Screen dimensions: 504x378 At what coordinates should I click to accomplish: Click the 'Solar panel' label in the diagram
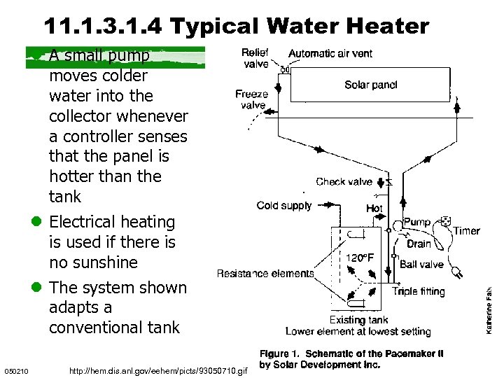tap(370, 85)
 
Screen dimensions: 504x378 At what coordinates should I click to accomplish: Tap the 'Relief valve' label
tap(255, 59)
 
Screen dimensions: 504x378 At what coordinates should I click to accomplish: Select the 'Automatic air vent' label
tap(330, 53)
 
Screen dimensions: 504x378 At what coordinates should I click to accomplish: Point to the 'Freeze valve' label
tap(251, 100)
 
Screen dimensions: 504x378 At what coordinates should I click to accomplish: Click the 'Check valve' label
tap(344, 182)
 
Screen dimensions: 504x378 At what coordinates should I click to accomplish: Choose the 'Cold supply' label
tap(283, 206)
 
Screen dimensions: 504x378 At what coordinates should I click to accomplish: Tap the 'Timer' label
tap(466, 231)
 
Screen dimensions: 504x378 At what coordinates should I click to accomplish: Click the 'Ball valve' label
tap(421, 265)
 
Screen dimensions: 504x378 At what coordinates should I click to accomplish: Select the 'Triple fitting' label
tap(419, 292)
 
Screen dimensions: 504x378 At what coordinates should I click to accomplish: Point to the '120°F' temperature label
tap(360, 258)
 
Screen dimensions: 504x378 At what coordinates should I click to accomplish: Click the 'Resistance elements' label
tap(265, 274)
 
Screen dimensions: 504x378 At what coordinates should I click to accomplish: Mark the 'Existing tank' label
tap(358, 320)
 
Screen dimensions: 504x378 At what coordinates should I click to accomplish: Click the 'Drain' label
tap(419, 244)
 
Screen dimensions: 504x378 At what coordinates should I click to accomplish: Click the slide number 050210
tap(15, 370)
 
